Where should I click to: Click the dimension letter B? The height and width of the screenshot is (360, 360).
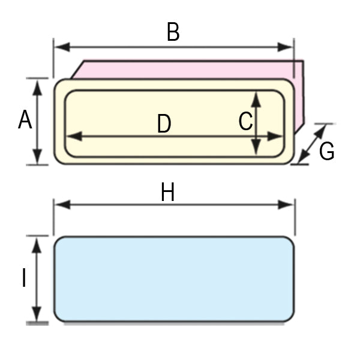tap(173, 32)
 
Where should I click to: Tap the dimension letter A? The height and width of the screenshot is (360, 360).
tap(25, 120)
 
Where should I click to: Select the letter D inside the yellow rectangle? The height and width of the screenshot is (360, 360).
tap(164, 124)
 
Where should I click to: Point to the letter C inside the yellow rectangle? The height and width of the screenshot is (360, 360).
tap(245, 121)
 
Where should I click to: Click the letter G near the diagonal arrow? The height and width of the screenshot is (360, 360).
tap(326, 151)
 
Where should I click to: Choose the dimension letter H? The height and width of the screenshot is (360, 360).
tap(167, 193)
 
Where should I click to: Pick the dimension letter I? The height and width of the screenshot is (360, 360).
tap(24, 278)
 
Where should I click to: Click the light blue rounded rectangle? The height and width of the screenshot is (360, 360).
tap(174, 279)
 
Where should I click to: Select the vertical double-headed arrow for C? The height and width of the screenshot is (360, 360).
tap(256, 123)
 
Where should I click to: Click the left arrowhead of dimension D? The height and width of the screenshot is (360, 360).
tap(70, 137)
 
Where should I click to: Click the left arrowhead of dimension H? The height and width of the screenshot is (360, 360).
tap(59, 205)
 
